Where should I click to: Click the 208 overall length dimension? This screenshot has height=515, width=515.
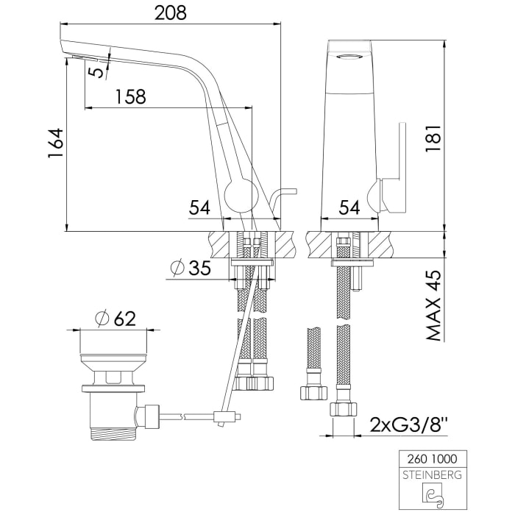[x=170, y=13]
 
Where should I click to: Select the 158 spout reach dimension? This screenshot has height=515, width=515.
[x=129, y=96]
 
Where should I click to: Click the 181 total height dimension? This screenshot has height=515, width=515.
[x=433, y=137]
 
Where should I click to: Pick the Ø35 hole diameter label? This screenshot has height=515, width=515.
[x=191, y=269]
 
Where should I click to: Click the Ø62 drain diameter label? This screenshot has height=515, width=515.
[x=116, y=319]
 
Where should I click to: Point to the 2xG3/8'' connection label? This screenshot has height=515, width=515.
[x=409, y=425]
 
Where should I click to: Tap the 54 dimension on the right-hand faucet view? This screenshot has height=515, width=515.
[x=349, y=208]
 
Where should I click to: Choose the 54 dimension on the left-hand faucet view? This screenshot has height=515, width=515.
[x=199, y=208]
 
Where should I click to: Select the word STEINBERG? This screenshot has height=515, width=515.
[x=431, y=475]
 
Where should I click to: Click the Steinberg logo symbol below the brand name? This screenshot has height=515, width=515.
[x=431, y=494]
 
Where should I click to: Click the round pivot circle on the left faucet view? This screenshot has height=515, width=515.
[x=238, y=196]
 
